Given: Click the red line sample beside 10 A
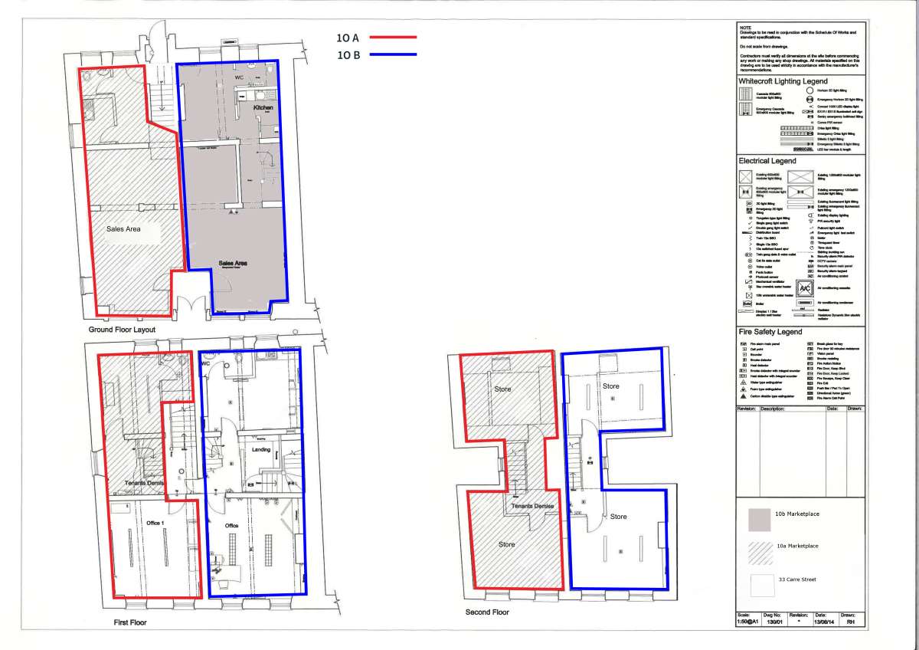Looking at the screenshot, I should pos(391,37).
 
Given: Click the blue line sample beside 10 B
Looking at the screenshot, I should pos(391,54).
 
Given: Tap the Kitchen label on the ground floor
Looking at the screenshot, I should pos(263,109).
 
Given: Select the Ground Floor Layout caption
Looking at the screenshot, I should pos(122,330).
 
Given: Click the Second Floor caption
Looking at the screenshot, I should pos(487,612).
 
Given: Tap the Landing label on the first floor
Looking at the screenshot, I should pos(261,449).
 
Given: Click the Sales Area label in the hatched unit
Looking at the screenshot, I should pos(123,228).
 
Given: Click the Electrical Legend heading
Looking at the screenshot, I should pos(767,161).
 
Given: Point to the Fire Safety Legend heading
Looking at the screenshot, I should pos(770,332).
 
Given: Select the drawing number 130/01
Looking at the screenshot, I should pos(773,622).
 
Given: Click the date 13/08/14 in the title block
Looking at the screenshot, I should pos(820,622).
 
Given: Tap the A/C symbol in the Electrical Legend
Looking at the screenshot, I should pos(804,288).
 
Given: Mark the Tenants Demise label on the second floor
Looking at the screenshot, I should pos(533,507).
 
